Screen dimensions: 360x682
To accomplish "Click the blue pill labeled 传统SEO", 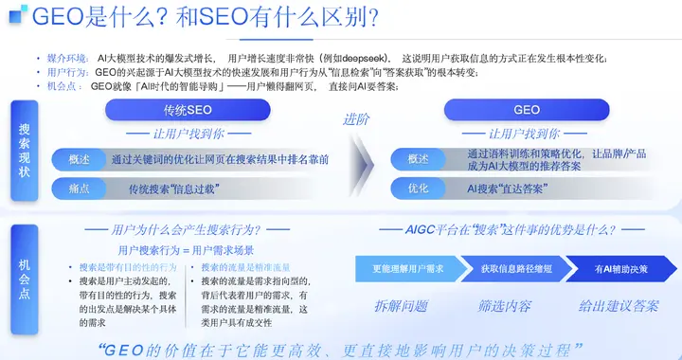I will click(186, 110).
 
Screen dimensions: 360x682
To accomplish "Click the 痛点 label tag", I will click(80, 189).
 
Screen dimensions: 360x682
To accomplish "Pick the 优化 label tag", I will click(419, 189).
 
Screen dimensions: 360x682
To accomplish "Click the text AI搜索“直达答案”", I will click(506, 189).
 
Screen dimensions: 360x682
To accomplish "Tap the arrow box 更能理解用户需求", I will click(409, 269).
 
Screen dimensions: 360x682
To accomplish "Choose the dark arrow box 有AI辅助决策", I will click(621, 269).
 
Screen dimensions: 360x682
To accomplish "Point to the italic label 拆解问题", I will click(401, 306).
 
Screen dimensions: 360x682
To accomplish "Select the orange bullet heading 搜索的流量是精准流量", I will click(249, 268).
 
